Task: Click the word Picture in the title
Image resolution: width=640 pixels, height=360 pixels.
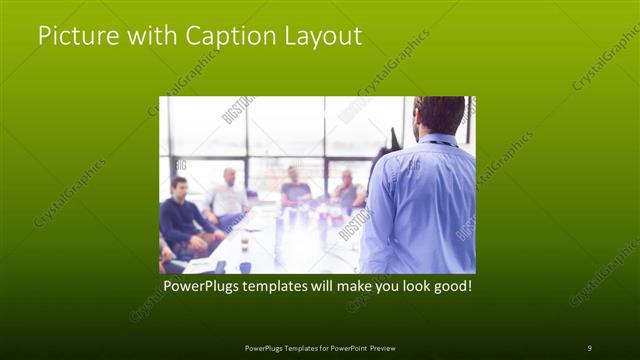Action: tap(75, 36)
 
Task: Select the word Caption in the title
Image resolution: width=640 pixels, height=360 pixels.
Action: tap(225, 37)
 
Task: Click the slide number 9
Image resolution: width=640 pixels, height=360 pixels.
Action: tap(589, 347)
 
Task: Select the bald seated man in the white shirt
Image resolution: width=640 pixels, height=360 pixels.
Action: tap(229, 196)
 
